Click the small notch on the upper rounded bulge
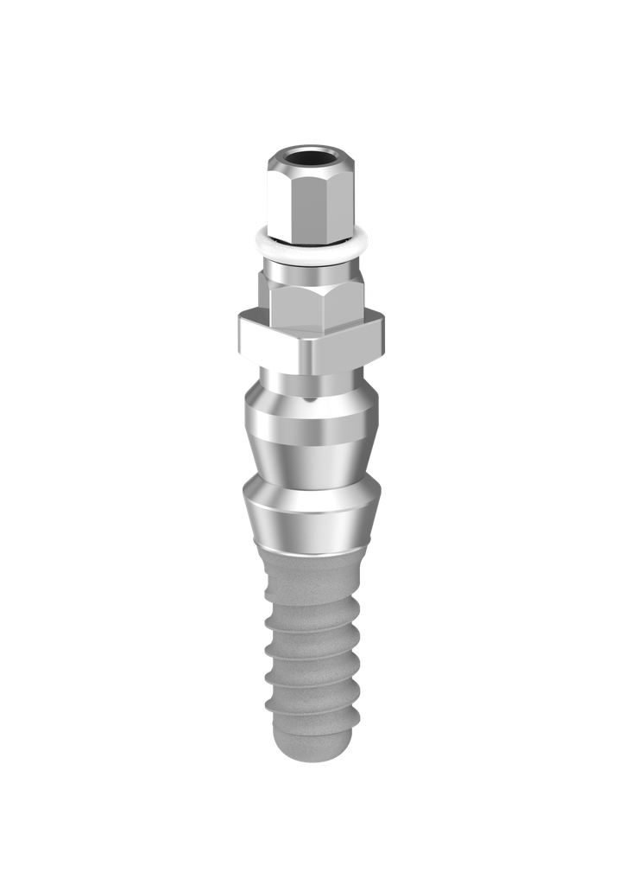[309, 399]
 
